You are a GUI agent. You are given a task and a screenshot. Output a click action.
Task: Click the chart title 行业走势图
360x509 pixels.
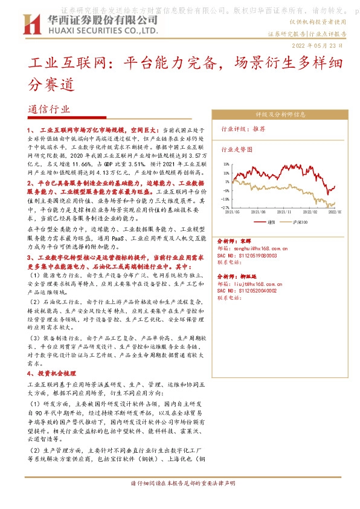(x=236, y=149)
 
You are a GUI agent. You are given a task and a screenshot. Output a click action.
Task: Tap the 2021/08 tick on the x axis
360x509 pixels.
(x=258, y=212)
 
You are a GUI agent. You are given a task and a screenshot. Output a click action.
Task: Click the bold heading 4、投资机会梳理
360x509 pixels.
(x=53, y=374)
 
